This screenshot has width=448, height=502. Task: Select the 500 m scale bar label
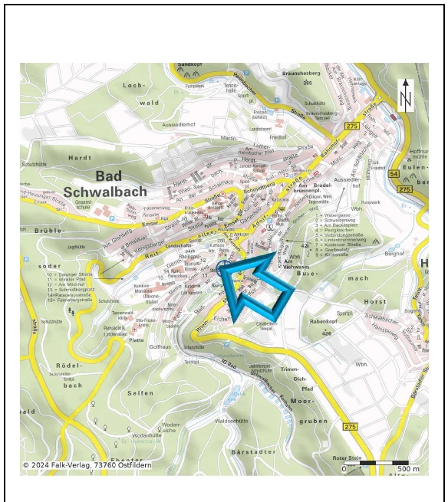pyautogui.click(x=408, y=468)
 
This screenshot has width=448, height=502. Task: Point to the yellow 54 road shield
pyautogui.click(x=393, y=176)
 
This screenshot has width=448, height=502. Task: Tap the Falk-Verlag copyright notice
pyautogui.click(x=87, y=465)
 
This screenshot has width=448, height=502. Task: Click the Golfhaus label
pyautogui.click(x=160, y=346)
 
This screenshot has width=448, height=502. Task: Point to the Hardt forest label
pyautogui.click(x=80, y=157)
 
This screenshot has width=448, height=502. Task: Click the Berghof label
pyautogui.click(x=394, y=252)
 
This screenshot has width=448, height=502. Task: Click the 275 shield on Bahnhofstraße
pyautogui.click(x=352, y=126)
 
